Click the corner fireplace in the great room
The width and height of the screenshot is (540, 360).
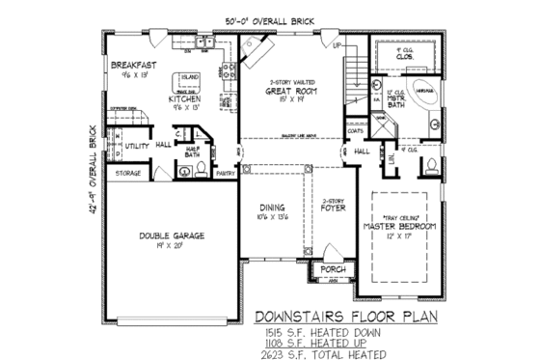tap(258, 46)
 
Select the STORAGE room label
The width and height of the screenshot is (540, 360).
tap(128, 173)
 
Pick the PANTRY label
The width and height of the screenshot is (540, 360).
tap(226, 174)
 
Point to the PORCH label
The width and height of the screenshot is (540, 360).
tap(333, 269)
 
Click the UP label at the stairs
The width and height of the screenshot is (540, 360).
tap(337, 45)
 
